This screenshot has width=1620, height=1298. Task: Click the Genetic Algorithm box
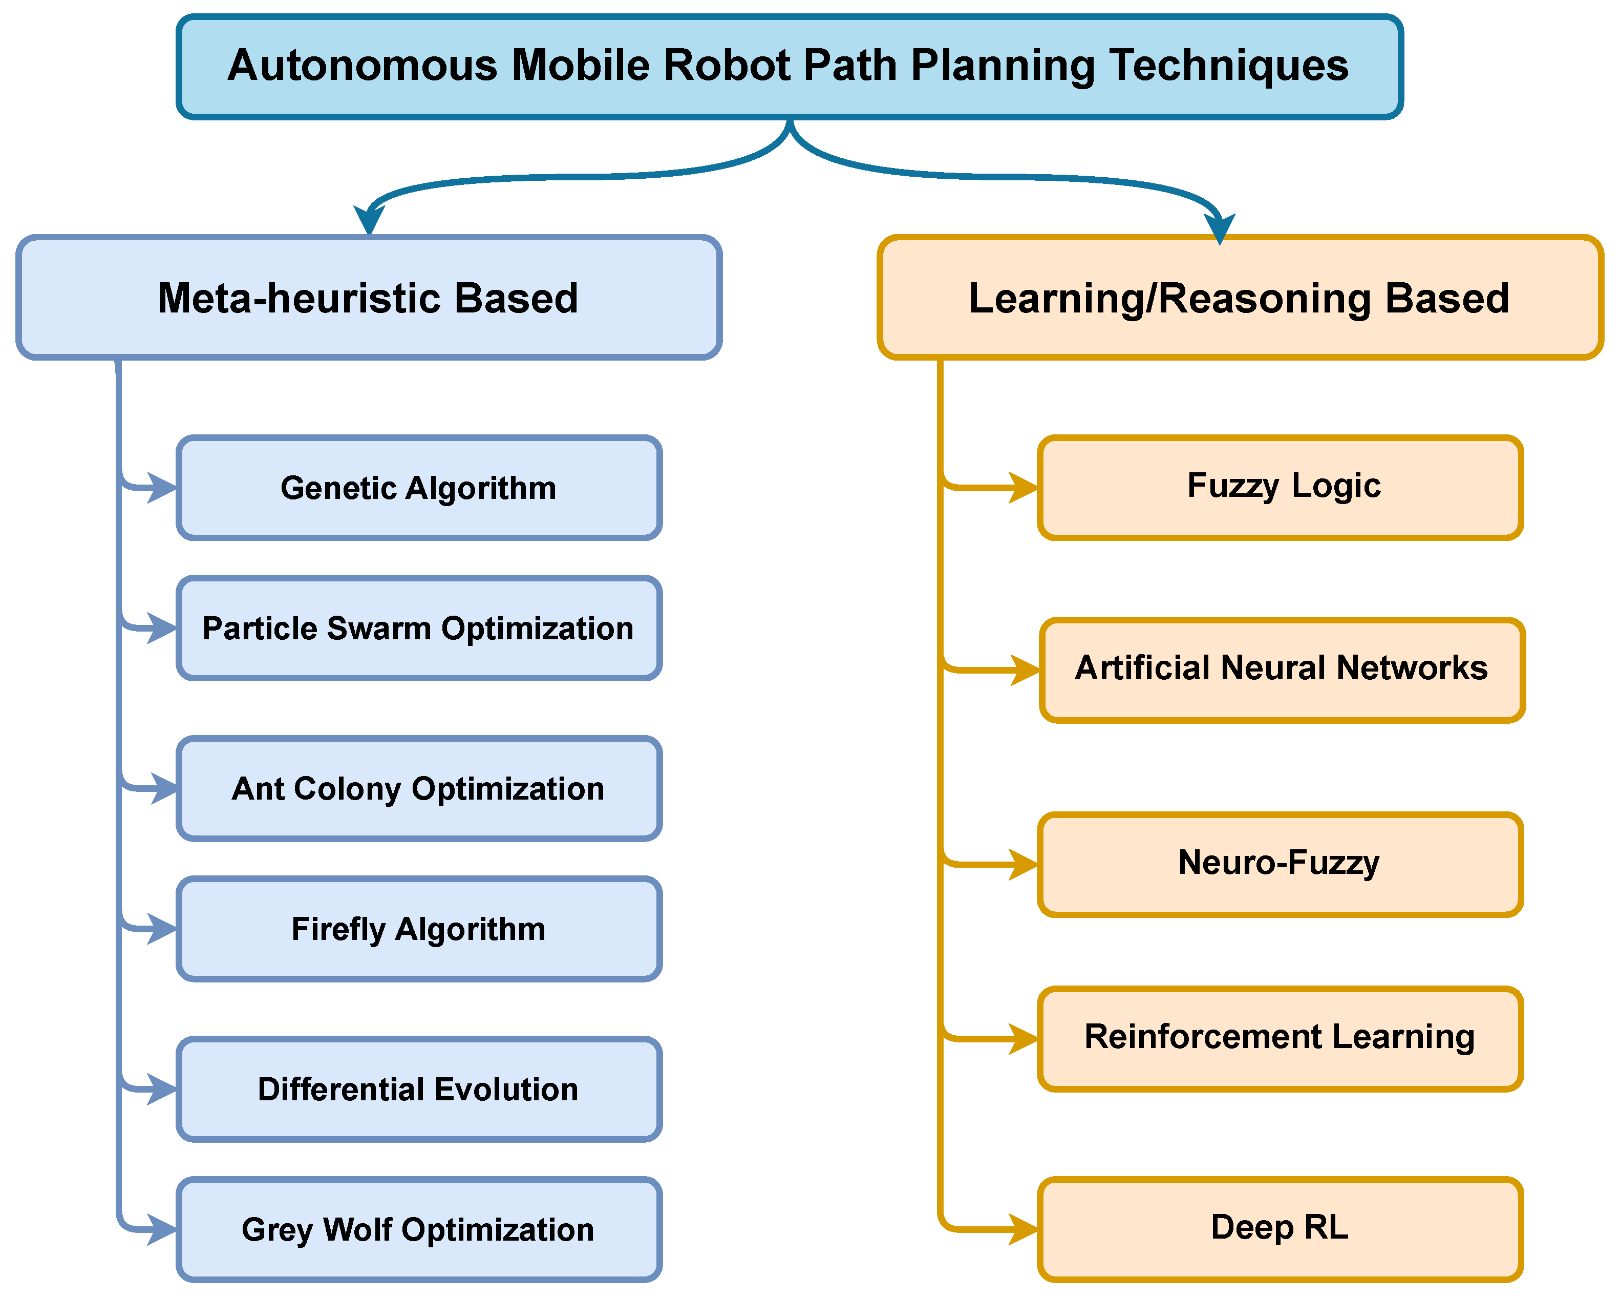click(x=418, y=488)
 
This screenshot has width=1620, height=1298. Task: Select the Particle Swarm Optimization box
click(x=418, y=629)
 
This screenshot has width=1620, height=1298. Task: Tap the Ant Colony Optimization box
click(x=418, y=788)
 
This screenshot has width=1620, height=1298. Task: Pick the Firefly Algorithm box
click(x=418, y=929)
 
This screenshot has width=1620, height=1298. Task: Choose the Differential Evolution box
click(x=418, y=1089)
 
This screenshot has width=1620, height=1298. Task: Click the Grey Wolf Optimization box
click(x=418, y=1229)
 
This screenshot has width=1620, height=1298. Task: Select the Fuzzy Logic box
click(x=1281, y=488)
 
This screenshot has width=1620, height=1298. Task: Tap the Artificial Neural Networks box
click(x=1282, y=669)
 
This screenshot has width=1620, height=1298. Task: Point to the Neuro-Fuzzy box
click(x=1281, y=864)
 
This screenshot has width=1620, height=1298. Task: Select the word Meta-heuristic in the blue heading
click(x=297, y=299)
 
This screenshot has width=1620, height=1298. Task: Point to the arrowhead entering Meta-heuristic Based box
click(x=369, y=222)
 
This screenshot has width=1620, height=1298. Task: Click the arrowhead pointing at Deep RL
click(x=1024, y=1229)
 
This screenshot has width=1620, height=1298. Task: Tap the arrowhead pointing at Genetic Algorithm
click(x=162, y=488)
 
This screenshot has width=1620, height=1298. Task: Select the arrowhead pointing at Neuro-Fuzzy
click(x=1024, y=864)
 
